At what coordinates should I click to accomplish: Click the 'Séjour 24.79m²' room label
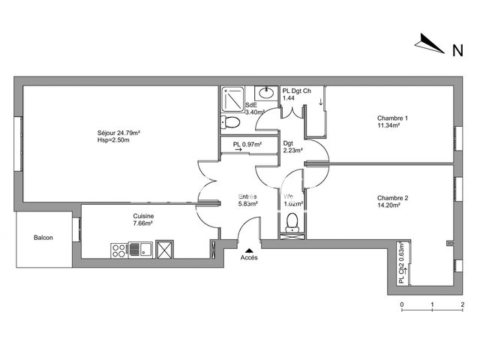pyautogui.click(x=119, y=133)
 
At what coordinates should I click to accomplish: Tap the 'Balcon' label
pyautogui.click(x=43, y=238)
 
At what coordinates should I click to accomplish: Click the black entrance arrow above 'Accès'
pyautogui.click(x=248, y=250)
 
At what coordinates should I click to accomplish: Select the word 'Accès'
pyautogui.click(x=248, y=258)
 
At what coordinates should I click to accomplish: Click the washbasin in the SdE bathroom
pyautogui.click(x=265, y=93)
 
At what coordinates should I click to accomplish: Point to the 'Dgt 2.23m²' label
pyautogui.click(x=292, y=147)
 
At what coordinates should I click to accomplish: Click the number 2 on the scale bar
pyautogui.click(x=463, y=304)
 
